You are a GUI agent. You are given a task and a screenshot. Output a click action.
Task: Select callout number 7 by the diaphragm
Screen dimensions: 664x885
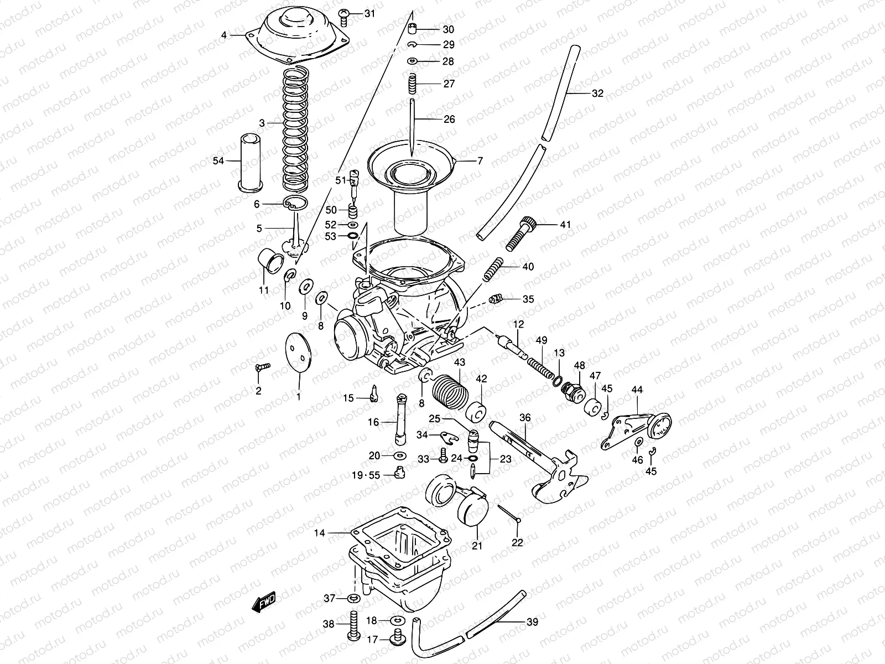click(x=480, y=161)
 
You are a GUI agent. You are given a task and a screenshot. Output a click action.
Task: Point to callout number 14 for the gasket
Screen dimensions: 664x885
click(x=320, y=533)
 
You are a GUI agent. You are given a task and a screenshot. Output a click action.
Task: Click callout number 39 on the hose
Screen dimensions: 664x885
click(x=532, y=622)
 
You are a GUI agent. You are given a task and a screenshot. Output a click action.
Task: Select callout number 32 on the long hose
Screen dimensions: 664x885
click(x=597, y=93)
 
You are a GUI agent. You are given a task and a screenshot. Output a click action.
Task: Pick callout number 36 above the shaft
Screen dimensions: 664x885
click(x=524, y=418)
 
